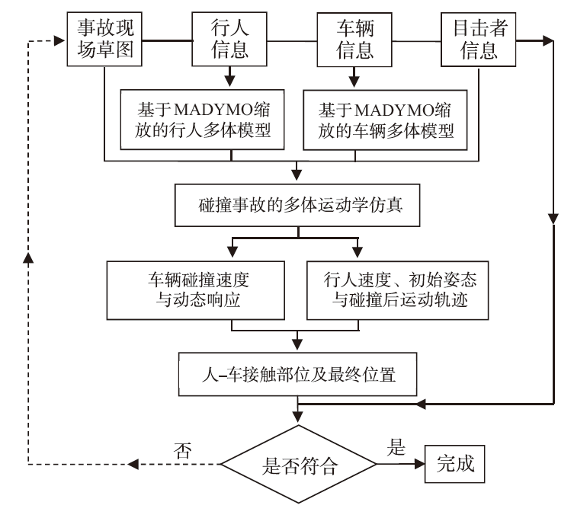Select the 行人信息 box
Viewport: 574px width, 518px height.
[x=231, y=39]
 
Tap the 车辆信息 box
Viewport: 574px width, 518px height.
[x=354, y=39]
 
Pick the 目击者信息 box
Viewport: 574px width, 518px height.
[x=478, y=39]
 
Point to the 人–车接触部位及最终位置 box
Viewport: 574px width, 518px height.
[x=297, y=373]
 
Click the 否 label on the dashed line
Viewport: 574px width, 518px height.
[x=181, y=449]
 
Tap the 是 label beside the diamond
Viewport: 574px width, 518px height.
[x=397, y=448]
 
